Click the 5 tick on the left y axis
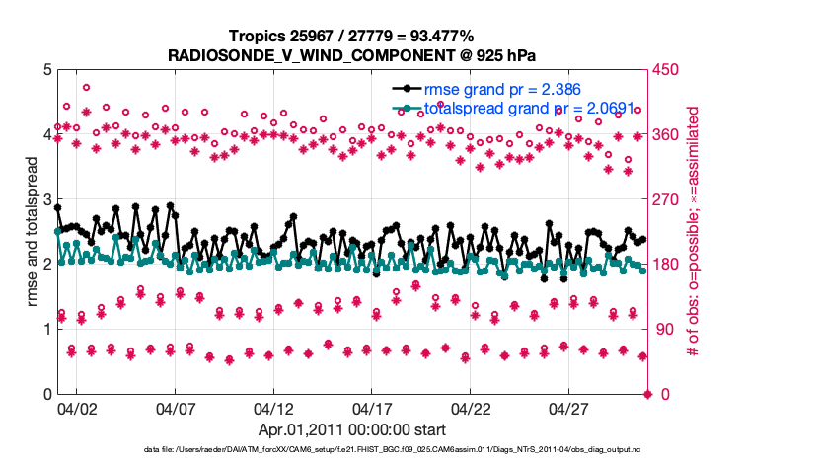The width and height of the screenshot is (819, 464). pos(45,70)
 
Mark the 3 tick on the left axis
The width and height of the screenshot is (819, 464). pos(45,199)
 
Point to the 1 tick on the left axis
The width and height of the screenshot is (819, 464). pos(45,330)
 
